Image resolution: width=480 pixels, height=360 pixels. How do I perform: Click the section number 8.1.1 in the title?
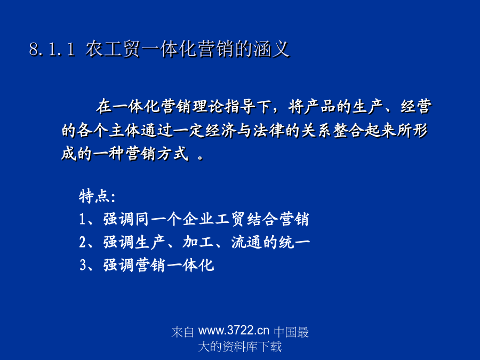click(52, 49)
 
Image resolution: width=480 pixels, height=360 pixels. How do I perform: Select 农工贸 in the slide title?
click(113, 49)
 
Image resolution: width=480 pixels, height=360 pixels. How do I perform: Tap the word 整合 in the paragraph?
click(348, 130)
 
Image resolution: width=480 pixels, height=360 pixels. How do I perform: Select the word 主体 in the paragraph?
click(125, 130)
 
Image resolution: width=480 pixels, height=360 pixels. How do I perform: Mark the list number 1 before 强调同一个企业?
click(82, 219)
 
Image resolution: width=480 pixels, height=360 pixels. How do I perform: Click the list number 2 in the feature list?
click(83, 242)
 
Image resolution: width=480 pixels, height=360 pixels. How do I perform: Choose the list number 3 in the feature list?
click(83, 265)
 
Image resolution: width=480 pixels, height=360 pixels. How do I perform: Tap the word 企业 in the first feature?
click(198, 219)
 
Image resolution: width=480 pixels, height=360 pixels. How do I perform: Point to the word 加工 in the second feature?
click(198, 242)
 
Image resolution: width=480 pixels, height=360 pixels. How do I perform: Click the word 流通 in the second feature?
click(246, 242)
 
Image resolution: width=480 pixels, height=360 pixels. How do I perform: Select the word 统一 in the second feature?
click(293, 242)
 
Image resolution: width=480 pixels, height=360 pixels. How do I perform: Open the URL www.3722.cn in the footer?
click(234, 331)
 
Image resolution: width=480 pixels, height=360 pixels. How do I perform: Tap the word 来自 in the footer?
click(182, 332)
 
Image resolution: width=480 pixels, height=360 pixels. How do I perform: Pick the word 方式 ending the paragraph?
click(173, 154)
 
